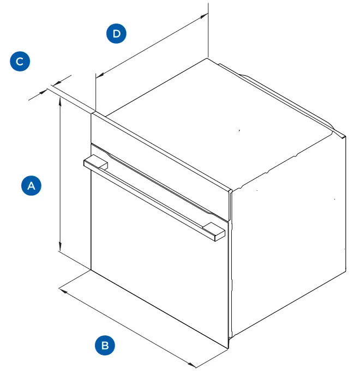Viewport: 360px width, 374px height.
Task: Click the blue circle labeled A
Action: pyautogui.click(x=31, y=185)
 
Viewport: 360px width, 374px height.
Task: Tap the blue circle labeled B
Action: pyautogui.click(x=105, y=345)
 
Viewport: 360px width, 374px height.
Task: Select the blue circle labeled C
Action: pyautogui.click(x=20, y=61)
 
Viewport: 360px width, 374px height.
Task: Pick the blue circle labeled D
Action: pyautogui.click(x=116, y=34)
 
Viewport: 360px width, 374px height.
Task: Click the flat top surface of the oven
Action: pyautogui.click(x=218, y=120)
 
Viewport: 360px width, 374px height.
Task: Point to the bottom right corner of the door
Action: pyautogui.click(x=228, y=346)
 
